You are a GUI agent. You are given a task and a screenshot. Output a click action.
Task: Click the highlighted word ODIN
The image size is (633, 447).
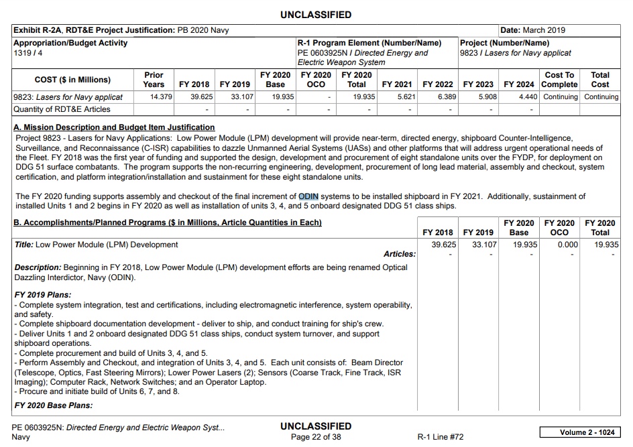coord(308,196)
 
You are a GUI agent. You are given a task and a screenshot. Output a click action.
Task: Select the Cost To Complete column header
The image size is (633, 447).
coord(559,80)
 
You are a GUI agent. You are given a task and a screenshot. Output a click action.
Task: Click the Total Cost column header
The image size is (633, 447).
coord(600,80)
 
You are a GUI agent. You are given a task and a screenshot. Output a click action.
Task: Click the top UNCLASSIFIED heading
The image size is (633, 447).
coord(316,15)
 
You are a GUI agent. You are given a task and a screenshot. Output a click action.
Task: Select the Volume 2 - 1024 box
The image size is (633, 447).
coord(580,432)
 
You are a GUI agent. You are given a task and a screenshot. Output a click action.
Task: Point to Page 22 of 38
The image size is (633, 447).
coord(316,437)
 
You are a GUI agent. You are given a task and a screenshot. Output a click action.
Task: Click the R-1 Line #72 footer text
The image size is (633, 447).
coord(440,437)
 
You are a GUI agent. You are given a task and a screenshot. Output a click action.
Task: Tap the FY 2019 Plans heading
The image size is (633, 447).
coord(43,295)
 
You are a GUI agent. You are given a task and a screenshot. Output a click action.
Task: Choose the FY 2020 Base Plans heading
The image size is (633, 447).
coord(54,405)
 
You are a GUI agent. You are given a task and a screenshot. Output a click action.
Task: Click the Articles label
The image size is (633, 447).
coord(399,254)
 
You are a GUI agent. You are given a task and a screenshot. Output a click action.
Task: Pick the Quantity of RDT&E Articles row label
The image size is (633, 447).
coord(62,109)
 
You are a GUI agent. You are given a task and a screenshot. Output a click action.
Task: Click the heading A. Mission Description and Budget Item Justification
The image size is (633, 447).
coord(115,127)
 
